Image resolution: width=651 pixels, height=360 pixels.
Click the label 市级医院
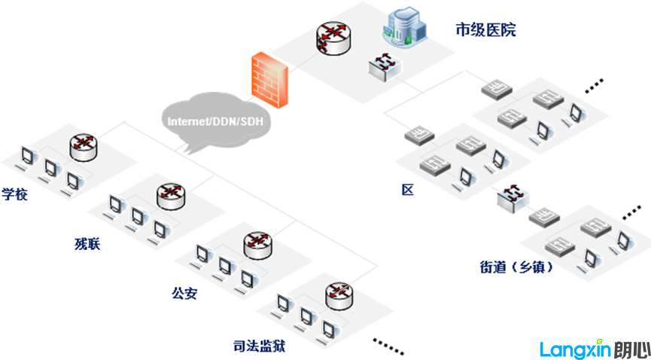click(485, 30)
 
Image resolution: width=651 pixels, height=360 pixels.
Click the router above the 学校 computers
click(83, 145)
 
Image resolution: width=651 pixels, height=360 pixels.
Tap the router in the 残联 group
click(171, 195)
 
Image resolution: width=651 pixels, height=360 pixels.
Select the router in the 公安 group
click(257, 244)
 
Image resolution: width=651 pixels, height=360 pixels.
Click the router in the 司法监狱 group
click(340, 294)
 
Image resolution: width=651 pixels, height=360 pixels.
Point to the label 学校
click(15, 194)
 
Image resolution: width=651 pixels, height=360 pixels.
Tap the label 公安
click(184, 293)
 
